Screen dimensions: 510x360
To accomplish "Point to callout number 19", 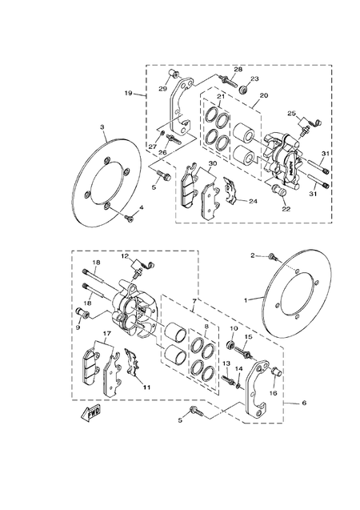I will pyautogui.click(x=128, y=95).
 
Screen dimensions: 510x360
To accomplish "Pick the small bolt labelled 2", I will pyautogui.click(x=274, y=257).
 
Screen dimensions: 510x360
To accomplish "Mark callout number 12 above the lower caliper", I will pyautogui.click(x=125, y=255).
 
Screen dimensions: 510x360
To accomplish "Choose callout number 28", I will pyautogui.click(x=238, y=70).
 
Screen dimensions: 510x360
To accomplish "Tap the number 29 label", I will pyautogui.click(x=162, y=87).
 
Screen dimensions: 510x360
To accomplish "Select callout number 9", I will pyautogui.click(x=78, y=326).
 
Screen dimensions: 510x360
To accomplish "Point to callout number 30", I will pyautogui.click(x=211, y=164).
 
